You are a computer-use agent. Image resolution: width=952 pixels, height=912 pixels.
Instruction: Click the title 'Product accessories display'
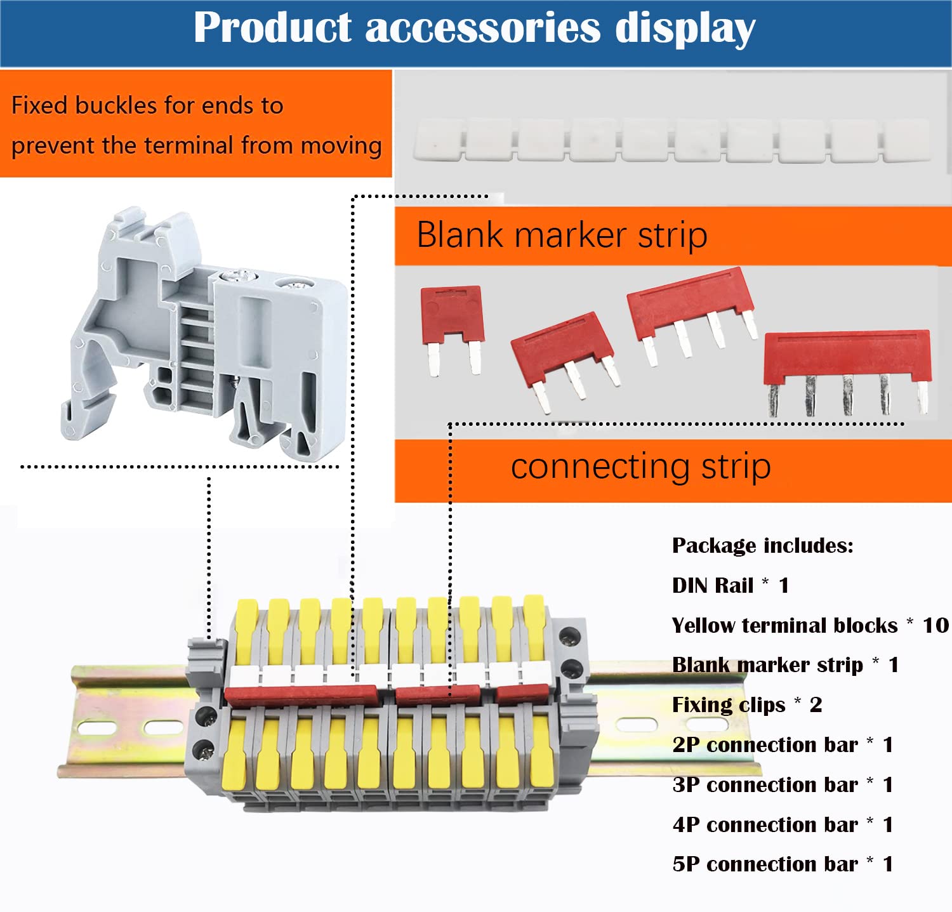point(475,29)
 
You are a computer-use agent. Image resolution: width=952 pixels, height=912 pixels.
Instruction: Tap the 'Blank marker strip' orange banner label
point(562,235)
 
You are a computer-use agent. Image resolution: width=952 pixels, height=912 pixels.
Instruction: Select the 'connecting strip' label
point(640,467)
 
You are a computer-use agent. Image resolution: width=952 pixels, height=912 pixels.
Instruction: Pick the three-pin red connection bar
point(562,349)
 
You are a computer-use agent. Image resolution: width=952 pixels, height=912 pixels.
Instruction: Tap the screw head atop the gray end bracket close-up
point(230,276)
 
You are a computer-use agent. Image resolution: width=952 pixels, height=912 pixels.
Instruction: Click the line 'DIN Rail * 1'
point(731,585)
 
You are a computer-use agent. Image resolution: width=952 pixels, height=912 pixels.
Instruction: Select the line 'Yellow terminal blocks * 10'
point(810,625)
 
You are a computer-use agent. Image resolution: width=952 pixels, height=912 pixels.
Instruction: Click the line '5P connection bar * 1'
point(783,864)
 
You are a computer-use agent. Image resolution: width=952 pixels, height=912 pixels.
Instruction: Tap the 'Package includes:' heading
point(762,545)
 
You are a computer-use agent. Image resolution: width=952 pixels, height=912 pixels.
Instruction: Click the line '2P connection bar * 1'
point(783,744)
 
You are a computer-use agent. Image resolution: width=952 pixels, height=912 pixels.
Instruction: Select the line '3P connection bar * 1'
point(783,784)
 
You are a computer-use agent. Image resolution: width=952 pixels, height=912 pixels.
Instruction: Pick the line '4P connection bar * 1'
point(783,824)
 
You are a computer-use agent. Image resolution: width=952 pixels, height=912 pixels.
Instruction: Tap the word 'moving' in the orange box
point(341,146)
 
